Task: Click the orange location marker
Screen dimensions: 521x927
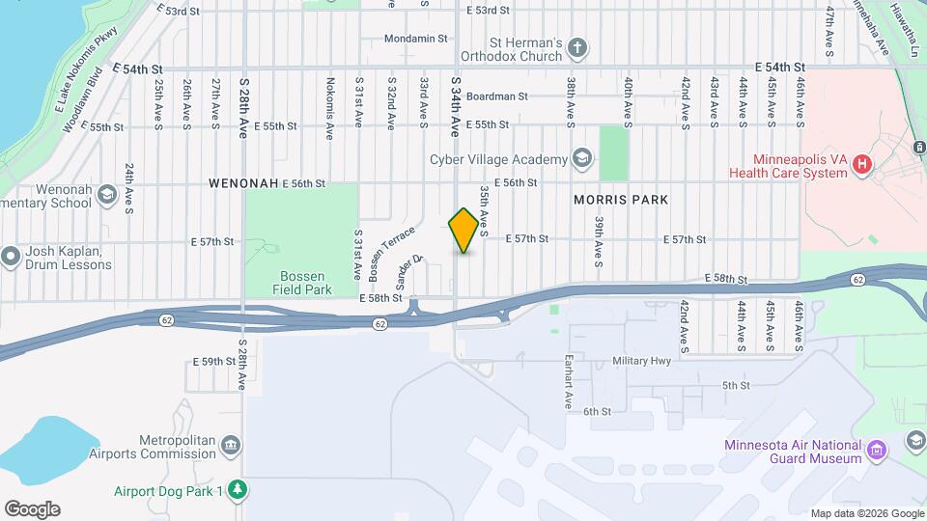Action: [x=464, y=230]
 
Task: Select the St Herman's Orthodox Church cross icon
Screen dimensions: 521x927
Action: [x=577, y=47]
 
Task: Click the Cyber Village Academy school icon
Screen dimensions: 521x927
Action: [x=581, y=157]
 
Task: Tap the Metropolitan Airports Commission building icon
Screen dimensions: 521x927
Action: [x=230, y=444]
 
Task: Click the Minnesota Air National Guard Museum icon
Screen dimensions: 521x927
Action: [x=876, y=450]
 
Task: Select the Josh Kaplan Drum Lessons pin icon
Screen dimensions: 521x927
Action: [x=11, y=256]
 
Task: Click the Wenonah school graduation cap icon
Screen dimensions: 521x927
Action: [x=105, y=196]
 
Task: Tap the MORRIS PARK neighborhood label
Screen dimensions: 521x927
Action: [x=621, y=200]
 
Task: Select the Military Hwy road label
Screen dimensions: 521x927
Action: [x=641, y=361]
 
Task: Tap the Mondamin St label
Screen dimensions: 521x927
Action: [x=416, y=39]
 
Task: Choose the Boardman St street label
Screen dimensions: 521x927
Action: [x=496, y=96]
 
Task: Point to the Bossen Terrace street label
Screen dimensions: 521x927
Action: [x=391, y=253]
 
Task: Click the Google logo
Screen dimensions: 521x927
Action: [x=32, y=508]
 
